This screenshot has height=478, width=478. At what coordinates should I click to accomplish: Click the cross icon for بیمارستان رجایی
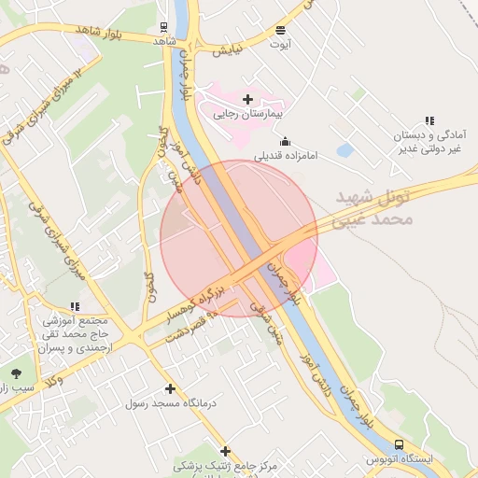click(247, 99)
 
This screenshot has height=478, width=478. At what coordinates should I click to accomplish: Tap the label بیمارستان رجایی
click(247, 115)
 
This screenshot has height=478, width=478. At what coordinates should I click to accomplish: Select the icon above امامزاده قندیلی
click(285, 141)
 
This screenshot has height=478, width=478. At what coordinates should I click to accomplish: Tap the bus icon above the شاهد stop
click(163, 27)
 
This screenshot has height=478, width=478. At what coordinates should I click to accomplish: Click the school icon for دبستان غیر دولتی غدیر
click(429, 120)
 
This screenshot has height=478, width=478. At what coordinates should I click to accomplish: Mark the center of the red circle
click(239, 239)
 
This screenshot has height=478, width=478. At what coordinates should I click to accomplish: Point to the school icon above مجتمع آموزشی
click(75, 305)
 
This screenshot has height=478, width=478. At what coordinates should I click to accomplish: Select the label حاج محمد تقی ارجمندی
click(75, 332)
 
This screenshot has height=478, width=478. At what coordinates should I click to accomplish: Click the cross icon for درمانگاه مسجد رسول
click(169, 388)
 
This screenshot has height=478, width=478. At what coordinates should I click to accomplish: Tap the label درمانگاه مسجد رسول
click(170, 403)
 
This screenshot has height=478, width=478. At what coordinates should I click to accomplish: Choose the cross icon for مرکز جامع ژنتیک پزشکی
click(225, 451)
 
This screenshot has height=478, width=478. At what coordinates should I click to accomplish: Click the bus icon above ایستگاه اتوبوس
click(399, 445)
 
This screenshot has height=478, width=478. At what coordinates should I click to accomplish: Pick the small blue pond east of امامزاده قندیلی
click(344, 149)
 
